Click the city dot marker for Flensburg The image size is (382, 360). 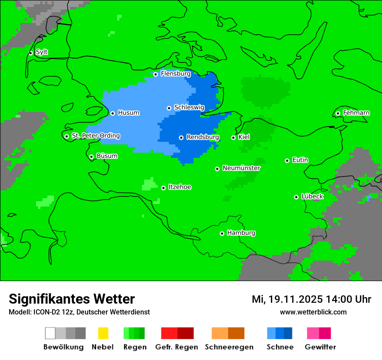click(155, 74)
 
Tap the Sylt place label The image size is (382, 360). click(42, 52)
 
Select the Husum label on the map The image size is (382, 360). click(128, 113)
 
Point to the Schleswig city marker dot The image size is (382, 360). click(169, 108)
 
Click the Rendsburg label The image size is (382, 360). click(203, 137)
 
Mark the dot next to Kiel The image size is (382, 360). click(233, 137)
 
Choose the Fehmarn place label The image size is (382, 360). click(356, 113)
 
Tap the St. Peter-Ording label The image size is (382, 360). click(95, 136)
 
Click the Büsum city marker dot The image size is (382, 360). click(91, 157)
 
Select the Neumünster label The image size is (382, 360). click(241, 168)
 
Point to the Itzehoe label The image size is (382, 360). click(180, 187)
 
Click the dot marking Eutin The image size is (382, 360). click(287, 160)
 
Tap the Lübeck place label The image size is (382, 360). click(312, 196)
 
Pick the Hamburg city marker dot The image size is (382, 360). click(222, 233)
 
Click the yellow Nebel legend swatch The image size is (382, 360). click(103, 333)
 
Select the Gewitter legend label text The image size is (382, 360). click(320, 347)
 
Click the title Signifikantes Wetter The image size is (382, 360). click(72, 299)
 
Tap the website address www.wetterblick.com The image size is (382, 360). click(313, 312)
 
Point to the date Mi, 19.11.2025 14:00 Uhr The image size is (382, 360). click(311, 299)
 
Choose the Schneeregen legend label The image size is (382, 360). click(229, 347)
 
